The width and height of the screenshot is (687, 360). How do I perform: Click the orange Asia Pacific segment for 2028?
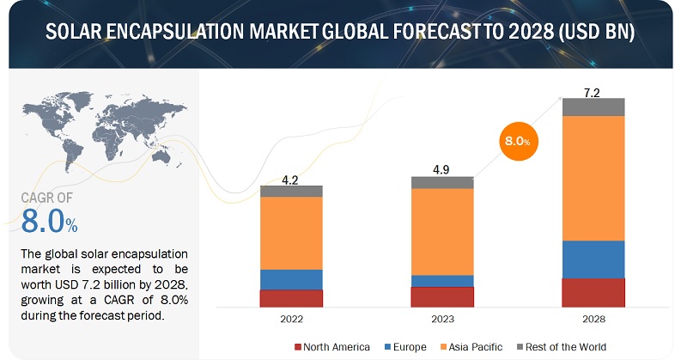coord(593,178)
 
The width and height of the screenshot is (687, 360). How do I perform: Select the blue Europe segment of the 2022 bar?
coord(291,279)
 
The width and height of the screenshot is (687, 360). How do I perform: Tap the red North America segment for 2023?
coord(442,296)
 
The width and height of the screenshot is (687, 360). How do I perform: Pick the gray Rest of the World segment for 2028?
coord(593,107)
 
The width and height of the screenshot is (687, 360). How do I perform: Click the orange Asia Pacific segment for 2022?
coord(291,233)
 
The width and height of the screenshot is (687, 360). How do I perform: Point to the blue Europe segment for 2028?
coord(593,259)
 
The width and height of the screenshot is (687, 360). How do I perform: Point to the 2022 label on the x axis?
coord(291,319)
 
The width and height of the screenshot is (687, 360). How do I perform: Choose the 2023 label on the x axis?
coord(442,319)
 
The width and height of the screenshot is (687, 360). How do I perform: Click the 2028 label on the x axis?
coord(593,319)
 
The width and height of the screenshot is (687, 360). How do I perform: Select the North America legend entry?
coord(332,346)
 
